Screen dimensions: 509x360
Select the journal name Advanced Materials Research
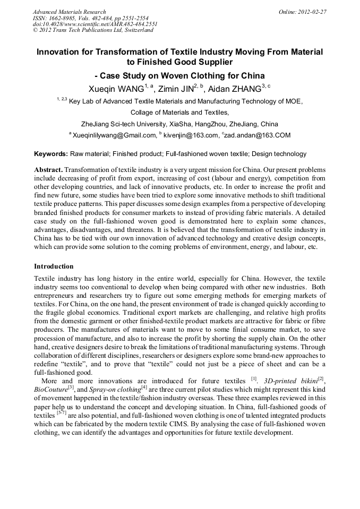[x=70, y=12]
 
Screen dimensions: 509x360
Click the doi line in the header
[x=95, y=24]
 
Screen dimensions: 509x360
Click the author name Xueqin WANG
[x=116, y=89]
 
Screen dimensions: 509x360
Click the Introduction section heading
[x=54, y=266]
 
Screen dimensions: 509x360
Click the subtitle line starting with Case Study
[x=179, y=75]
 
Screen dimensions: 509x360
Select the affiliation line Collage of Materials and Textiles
[x=179, y=112]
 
